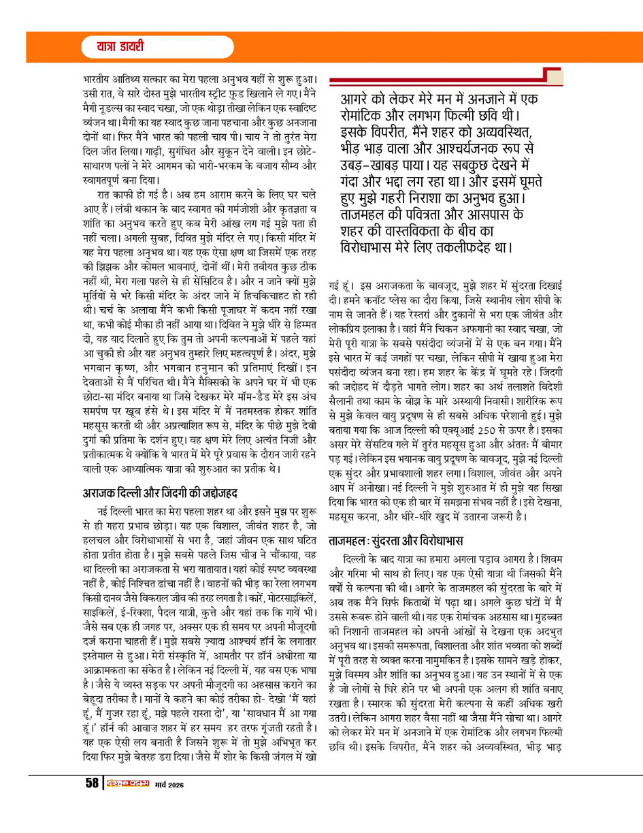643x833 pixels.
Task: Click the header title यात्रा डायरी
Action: click(x=112, y=48)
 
